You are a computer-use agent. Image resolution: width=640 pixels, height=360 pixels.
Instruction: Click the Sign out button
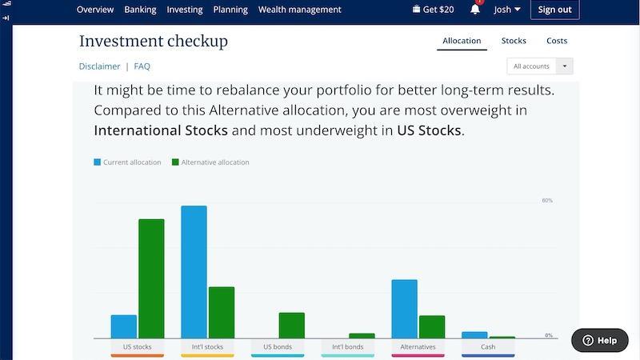click(x=554, y=10)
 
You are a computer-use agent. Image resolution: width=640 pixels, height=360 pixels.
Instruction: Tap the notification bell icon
click(x=475, y=9)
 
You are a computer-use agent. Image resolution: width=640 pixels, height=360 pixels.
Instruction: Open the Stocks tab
click(x=514, y=41)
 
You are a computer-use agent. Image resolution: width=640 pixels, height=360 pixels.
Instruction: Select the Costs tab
click(x=557, y=41)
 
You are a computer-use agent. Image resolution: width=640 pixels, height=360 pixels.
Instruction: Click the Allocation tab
click(x=462, y=41)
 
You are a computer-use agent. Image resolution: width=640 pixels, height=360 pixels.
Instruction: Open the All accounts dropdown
click(x=539, y=66)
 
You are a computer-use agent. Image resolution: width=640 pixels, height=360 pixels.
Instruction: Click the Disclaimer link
click(x=99, y=66)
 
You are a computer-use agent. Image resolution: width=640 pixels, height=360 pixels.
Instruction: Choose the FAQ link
click(x=142, y=66)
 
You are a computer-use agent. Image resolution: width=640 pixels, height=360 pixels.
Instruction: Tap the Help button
click(x=599, y=341)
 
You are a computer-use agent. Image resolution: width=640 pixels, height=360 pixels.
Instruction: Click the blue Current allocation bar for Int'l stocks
click(x=194, y=272)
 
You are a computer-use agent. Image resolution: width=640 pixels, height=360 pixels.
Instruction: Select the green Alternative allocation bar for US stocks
click(x=151, y=278)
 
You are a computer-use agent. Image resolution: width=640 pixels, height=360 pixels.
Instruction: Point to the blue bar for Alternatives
click(x=405, y=309)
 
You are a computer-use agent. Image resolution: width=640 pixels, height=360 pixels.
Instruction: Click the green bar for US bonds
click(x=292, y=326)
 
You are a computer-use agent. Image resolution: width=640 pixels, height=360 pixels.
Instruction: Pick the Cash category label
click(x=488, y=347)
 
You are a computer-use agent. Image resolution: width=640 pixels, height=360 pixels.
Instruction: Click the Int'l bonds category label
click(x=348, y=347)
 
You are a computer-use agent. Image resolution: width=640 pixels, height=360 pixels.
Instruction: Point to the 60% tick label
click(x=547, y=201)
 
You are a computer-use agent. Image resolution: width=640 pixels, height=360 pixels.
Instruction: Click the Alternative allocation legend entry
click(x=210, y=162)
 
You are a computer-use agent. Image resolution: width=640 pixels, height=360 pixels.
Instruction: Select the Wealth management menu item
click(x=299, y=10)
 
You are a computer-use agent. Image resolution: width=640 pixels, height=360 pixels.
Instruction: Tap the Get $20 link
click(x=433, y=10)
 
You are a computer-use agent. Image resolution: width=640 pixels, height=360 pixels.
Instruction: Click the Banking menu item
click(x=140, y=10)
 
